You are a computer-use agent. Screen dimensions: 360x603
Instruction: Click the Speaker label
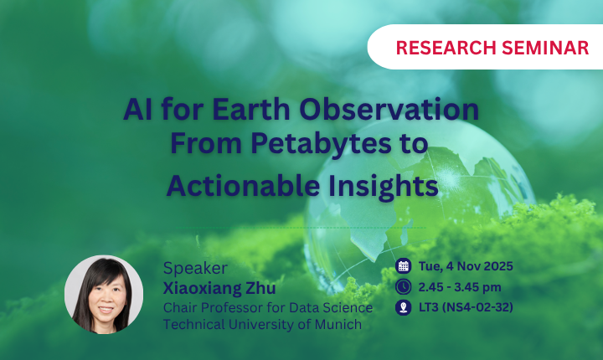pyautogui.click(x=194, y=269)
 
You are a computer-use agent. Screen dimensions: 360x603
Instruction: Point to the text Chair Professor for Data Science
pyautogui.click(x=268, y=306)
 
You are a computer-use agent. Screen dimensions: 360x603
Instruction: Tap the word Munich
pyautogui.click(x=336, y=324)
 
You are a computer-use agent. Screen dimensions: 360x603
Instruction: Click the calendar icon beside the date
pyautogui.click(x=403, y=267)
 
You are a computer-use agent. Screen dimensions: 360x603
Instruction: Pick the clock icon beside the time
pyautogui.click(x=403, y=287)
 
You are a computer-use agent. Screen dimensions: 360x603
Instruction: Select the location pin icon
pyautogui.click(x=403, y=307)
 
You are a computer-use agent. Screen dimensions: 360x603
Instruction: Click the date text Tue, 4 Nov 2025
pyautogui.click(x=466, y=267)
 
